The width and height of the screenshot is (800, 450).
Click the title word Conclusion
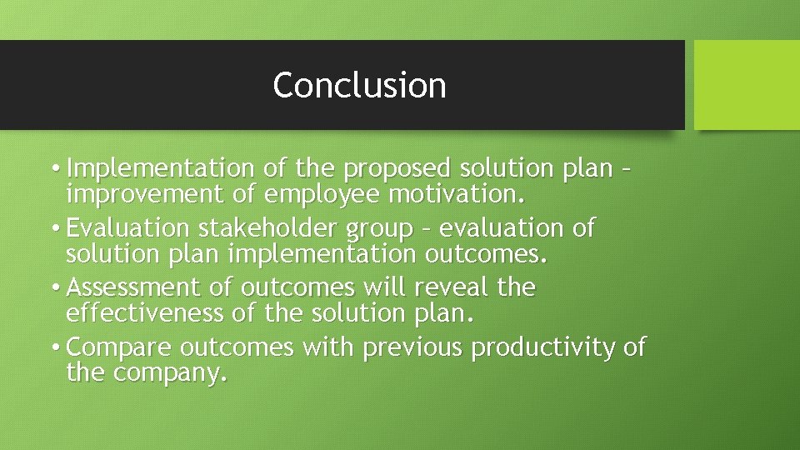[359, 85]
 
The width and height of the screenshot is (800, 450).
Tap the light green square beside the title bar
[747, 85]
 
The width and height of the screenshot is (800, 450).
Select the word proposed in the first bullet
[396, 168]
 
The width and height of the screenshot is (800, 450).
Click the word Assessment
[135, 287]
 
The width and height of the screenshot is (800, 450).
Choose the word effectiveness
[144, 313]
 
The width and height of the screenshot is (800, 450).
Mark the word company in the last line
[169, 374]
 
